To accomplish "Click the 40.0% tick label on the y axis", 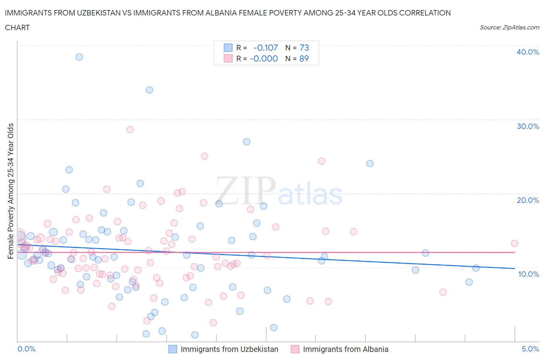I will (x=527, y=52).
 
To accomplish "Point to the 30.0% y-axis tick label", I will (x=527, y=126).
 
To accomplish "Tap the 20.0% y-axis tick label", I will (x=527, y=200).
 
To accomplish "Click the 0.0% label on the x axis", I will (x=26, y=349).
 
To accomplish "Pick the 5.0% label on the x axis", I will (x=530, y=349).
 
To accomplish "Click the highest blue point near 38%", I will (x=79, y=57).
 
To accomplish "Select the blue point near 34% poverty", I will (x=149, y=90).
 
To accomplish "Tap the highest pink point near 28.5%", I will (x=130, y=130).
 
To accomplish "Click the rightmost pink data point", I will (x=514, y=243).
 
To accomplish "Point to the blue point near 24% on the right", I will (x=370, y=163).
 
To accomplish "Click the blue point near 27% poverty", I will (x=246, y=142).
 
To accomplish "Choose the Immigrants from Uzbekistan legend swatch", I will (x=173, y=349).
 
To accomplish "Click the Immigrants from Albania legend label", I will (x=345, y=349).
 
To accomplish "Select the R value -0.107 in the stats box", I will (x=265, y=48).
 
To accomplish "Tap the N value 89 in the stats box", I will (x=304, y=58).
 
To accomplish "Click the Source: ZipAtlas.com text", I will (x=509, y=27).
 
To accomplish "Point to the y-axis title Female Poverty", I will (x=11, y=190).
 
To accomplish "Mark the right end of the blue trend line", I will (x=515, y=268).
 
